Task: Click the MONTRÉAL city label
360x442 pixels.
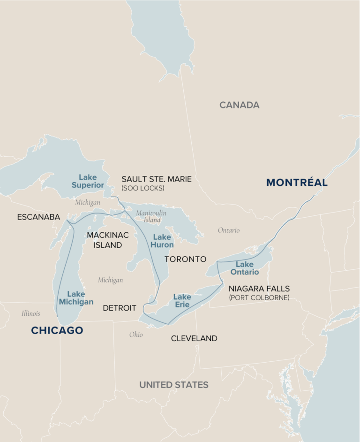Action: (297, 183)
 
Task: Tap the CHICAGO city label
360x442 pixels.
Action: (57, 330)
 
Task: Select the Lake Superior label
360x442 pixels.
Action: (88, 181)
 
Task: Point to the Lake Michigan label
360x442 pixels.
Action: (76, 298)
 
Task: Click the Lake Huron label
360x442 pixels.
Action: (162, 241)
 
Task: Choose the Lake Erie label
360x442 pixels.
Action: (182, 301)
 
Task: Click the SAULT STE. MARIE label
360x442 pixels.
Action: (157, 179)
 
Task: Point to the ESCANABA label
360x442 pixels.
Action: (38, 217)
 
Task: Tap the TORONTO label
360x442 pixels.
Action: (185, 259)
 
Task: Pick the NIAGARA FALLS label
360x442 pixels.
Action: (259, 289)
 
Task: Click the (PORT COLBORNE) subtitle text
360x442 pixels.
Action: (259, 297)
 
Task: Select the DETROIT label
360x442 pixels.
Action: (120, 308)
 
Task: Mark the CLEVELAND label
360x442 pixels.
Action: (194, 338)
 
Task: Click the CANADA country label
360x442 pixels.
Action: (240, 105)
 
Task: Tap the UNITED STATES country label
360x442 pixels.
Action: (174, 385)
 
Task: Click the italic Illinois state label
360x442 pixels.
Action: (31, 313)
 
